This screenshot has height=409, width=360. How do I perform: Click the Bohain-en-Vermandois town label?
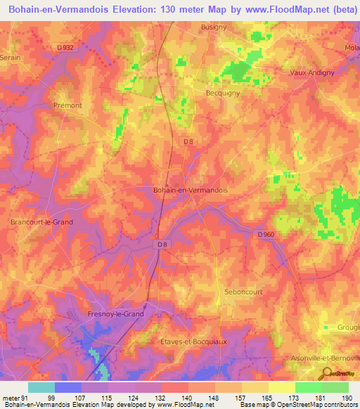[191, 190]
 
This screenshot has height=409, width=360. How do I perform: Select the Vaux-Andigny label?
[312, 72]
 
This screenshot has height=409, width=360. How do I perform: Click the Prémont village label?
[68, 105]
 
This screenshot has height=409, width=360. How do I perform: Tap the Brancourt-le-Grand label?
[41, 222]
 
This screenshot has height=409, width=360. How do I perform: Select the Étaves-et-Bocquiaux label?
[190, 341]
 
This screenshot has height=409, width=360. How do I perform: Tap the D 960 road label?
[265, 234]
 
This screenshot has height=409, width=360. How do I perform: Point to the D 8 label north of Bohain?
[188, 141]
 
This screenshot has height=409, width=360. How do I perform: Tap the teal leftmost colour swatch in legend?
[41, 387]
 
